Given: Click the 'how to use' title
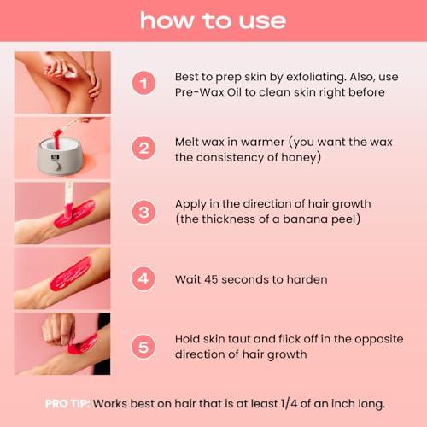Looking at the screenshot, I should [213, 20].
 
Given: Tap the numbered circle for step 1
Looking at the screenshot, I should [143, 83].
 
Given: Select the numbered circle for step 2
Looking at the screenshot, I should [143, 147].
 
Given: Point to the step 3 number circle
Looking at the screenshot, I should [143, 212].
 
